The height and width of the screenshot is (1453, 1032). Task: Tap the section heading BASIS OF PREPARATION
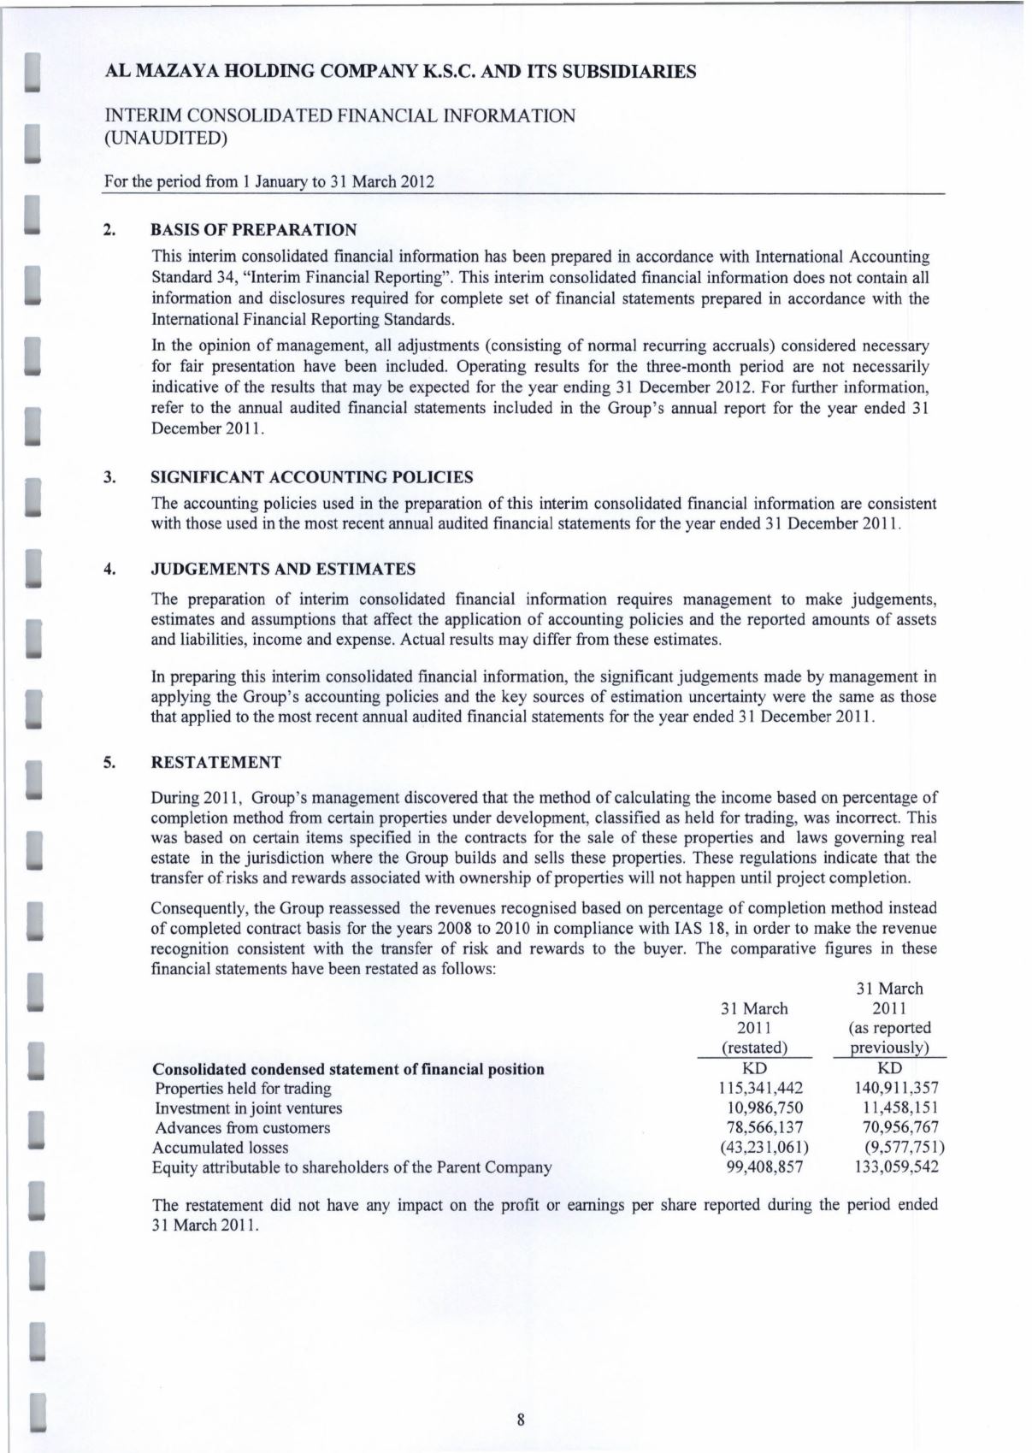point(253,230)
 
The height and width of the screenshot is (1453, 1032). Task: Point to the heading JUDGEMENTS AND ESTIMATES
point(283,569)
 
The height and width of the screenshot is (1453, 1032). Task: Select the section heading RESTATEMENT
point(215,762)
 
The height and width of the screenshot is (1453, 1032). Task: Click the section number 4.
point(109,569)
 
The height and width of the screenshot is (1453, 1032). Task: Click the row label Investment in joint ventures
point(248,1108)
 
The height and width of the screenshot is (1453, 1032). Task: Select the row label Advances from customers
point(241,1128)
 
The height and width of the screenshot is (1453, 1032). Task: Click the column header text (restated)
point(754,1048)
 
